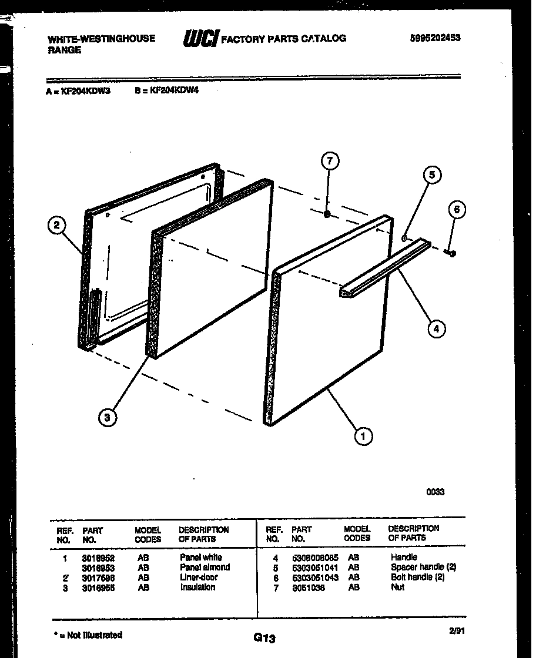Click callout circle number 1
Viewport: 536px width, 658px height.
364,436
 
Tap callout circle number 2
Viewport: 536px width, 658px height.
57,226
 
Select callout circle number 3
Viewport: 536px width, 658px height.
106,418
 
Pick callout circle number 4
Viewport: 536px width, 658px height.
436,329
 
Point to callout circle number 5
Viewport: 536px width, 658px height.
432,175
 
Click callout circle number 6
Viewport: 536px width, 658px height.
457,209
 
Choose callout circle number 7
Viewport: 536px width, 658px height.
330,161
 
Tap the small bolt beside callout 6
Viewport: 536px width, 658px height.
451,253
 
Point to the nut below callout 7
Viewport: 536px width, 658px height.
327,214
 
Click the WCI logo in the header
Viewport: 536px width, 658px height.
201,39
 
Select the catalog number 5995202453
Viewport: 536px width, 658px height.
435,38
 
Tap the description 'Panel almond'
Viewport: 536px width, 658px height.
205,568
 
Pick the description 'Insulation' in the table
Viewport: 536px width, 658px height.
197,587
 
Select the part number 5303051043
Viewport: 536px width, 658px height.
315,578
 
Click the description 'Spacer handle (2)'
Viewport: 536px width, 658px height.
423,568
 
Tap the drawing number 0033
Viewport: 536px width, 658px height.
436,492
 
